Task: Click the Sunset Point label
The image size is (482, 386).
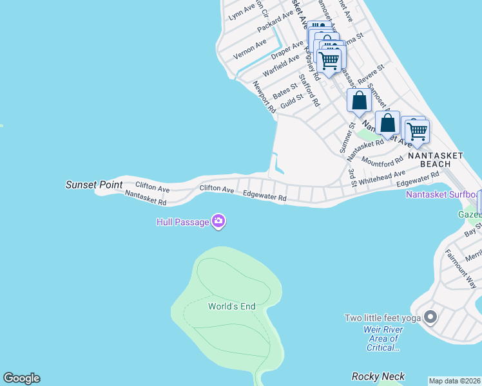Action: coord(94,185)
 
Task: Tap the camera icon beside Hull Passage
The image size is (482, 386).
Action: coord(218,222)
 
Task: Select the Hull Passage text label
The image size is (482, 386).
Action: coord(182,223)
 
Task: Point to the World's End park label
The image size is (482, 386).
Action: coord(231,306)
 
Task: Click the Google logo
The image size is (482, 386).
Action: coord(21,378)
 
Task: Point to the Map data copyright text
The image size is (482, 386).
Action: coord(454,380)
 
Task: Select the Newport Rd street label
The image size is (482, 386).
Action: coord(264,97)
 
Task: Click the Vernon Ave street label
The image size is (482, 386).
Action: coord(250,49)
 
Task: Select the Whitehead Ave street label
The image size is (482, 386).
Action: coord(382,178)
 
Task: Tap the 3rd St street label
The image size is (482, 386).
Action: coord(352,178)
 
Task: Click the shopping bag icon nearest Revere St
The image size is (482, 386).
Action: coord(359,101)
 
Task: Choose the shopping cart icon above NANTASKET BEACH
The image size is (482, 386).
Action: coord(417,131)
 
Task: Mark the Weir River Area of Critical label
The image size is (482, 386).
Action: coord(381,338)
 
